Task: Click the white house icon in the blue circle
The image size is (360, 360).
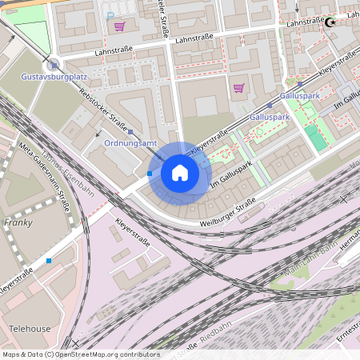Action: tap(180, 173)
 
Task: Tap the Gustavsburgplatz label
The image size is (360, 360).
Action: tap(54, 77)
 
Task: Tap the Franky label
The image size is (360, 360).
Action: tap(18, 222)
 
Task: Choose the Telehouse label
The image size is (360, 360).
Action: tap(30, 329)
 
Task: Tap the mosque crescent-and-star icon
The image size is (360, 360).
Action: tap(328, 23)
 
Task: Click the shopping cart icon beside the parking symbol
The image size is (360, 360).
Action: tap(119, 26)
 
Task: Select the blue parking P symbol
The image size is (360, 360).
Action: tap(110, 15)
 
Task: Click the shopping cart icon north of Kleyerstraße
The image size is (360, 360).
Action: tap(238, 88)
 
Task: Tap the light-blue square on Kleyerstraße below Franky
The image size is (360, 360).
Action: tap(49, 261)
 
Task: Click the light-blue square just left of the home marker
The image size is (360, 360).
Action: tap(150, 173)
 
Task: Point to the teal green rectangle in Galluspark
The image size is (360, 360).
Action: tap(315, 137)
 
